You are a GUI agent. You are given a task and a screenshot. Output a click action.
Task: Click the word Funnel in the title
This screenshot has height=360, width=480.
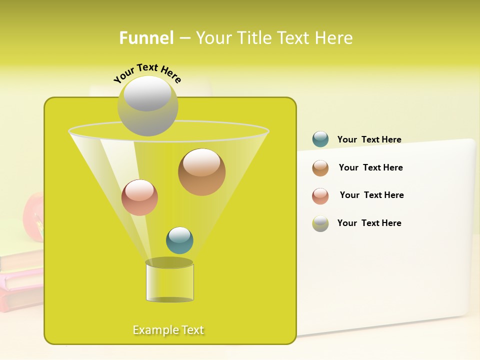[146, 38]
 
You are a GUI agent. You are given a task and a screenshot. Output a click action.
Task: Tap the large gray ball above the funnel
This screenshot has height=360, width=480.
[147, 105]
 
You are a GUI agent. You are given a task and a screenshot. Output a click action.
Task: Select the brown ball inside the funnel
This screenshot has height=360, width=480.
[201, 171]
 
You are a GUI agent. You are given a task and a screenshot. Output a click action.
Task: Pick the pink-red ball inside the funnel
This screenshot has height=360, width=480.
[139, 197]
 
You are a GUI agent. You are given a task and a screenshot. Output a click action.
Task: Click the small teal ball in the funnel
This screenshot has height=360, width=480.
[179, 240]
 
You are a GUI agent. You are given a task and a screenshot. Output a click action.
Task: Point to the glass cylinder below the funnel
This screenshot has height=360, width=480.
[169, 282]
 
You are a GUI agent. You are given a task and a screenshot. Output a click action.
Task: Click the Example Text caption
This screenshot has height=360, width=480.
[168, 330]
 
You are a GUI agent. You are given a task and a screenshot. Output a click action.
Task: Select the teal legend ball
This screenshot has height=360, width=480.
[320, 139]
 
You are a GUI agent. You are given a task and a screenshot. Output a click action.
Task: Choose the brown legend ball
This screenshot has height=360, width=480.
[320, 168]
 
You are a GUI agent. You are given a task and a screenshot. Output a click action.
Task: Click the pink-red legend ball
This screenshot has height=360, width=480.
[320, 196]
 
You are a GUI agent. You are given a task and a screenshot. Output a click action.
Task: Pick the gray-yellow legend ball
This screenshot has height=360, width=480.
[320, 223]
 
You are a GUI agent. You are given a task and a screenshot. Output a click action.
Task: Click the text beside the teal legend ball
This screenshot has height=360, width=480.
[369, 139]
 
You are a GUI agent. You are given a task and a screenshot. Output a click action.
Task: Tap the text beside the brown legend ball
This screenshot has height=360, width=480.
[370, 167]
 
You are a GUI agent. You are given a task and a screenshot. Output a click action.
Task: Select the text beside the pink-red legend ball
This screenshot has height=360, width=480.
[371, 195]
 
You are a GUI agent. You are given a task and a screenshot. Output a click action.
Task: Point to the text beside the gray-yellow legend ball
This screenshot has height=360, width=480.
[369, 223]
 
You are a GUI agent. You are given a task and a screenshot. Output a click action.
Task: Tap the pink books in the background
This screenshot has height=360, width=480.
[22, 285]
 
